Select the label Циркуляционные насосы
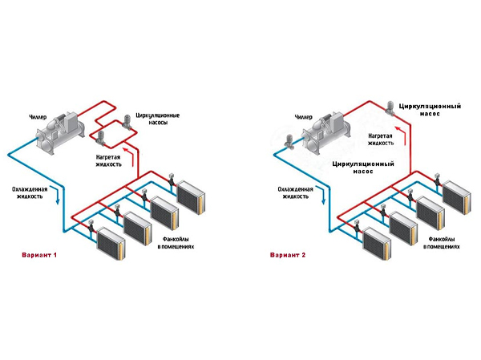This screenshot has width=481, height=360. (x=157, y=120)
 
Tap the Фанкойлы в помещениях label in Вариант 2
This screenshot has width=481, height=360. (x=443, y=242)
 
